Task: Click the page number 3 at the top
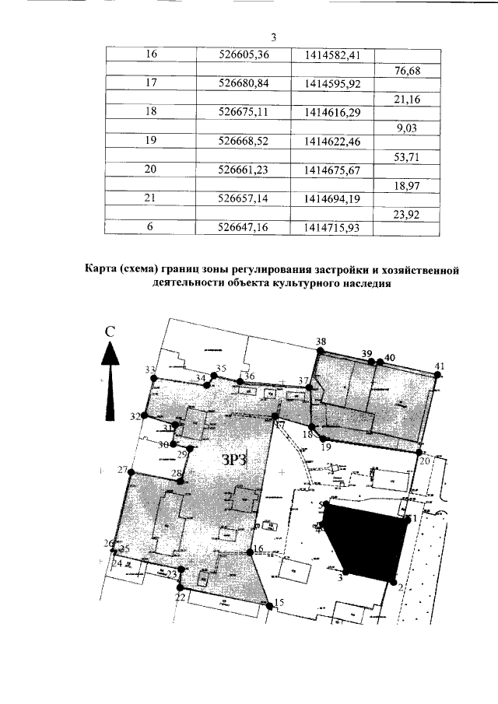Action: [273, 37]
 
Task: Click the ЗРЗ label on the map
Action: [234, 460]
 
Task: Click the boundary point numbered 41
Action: [438, 375]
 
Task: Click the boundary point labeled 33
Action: [154, 378]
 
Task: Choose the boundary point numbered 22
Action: [180, 588]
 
